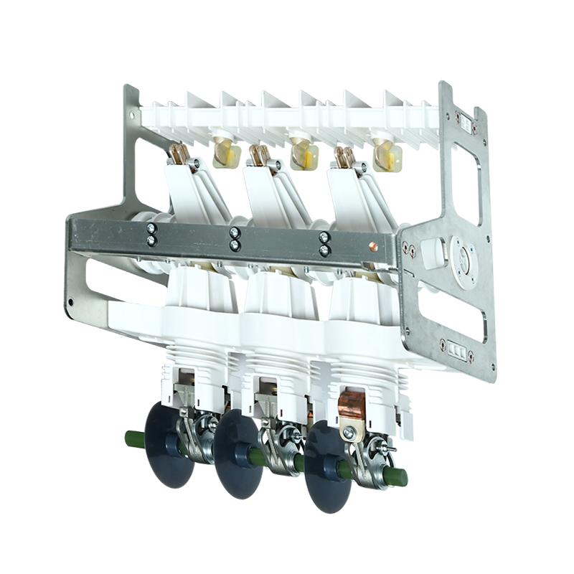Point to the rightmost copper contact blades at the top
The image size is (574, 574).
pyautogui.click(x=344, y=155)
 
